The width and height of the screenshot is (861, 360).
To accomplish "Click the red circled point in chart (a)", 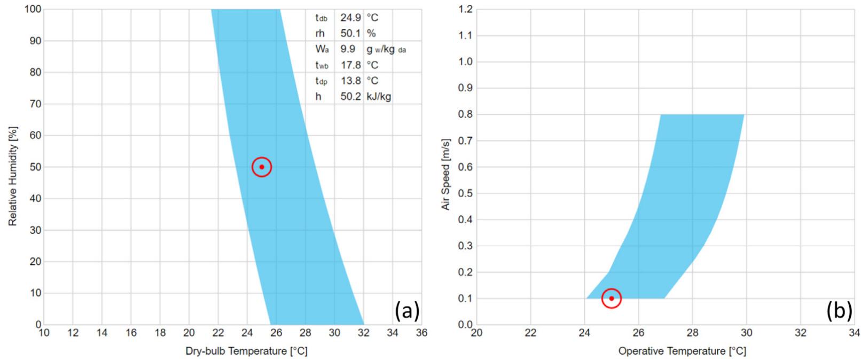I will pyautogui.click(x=262, y=167).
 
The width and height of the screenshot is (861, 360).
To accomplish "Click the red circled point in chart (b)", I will pyautogui.click(x=612, y=298).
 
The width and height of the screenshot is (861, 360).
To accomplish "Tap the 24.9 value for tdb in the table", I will pyautogui.click(x=351, y=18).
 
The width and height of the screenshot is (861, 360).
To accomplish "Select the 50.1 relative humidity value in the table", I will pyautogui.click(x=351, y=33).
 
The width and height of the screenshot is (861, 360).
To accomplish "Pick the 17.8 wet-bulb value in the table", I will pyautogui.click(x=351, y=65).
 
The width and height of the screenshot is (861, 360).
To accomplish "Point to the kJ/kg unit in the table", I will pyautogui.click(x=379, y=97).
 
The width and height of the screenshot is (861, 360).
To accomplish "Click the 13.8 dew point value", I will pyautogui.click(x=351, y=81).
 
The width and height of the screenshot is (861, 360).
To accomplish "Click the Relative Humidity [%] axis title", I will pyautogui.click(x=13, y=176).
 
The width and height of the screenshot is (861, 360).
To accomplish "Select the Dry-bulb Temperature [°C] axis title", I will pyautogui.click(x=246, y=351).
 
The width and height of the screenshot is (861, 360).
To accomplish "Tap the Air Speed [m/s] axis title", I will pyautogui.click(x=446, y=174).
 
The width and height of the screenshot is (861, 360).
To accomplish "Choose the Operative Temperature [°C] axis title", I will pyautogui.click(x=682, y=351).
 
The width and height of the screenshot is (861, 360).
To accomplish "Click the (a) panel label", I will pyautogui.click(x=407, y=310).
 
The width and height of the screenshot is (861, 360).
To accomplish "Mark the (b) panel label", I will pyautogui.click(x=839, y=310).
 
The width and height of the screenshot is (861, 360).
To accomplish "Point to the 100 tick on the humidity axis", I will pyautogui.click(x=33, y=9).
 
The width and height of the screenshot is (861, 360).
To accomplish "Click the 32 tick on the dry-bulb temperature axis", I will pyautogui.click(x=364, y=333).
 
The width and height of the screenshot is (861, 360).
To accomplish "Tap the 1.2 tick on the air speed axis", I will pyautogui.click(x=466, y=9).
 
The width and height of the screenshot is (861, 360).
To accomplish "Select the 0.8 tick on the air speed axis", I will pyautogui.click(x=466, y=114).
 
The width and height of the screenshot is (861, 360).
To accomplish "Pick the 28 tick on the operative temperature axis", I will pyautogui.click(x=692, y=333).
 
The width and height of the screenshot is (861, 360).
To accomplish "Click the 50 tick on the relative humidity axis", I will pyautogui.click(x=35, y=167).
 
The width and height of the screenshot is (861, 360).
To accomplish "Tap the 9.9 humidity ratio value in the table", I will pyautogui.click(x=348, y=49).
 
